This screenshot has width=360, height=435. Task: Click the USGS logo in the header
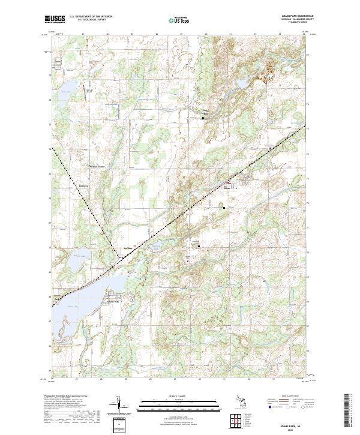(55, 19)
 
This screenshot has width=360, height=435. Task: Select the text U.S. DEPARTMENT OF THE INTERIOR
(91, 17)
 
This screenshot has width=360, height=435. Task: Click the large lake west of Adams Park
(78, 300)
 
